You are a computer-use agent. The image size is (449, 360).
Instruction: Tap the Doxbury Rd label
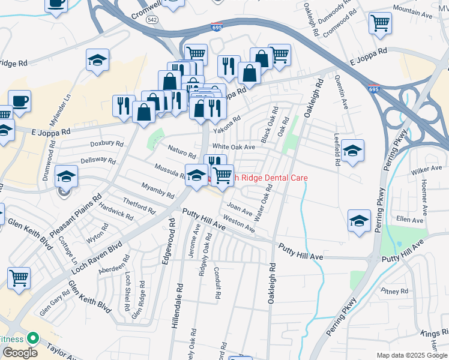tap(106, 144)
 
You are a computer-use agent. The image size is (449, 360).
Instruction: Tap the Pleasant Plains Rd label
tap(76, 215)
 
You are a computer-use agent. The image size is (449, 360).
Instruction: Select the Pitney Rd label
tap(394, 291)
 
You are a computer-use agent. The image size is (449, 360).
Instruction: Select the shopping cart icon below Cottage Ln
tap(19, 277)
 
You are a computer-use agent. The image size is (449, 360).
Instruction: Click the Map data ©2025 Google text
tap(412, 355)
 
